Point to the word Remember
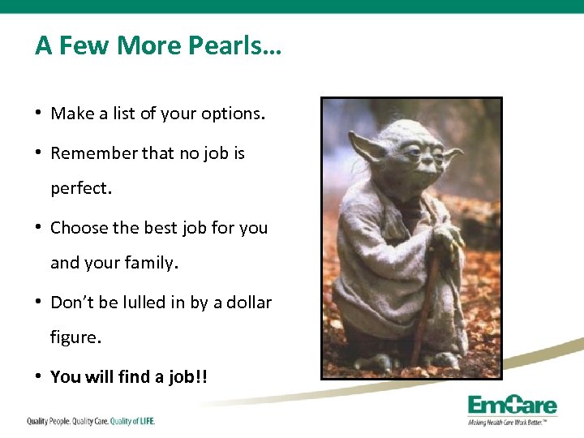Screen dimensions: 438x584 93,153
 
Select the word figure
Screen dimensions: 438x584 75,338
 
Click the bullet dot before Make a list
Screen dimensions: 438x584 39,114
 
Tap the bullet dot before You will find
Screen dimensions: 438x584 39,376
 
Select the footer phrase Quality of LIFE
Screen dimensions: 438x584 132,421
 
